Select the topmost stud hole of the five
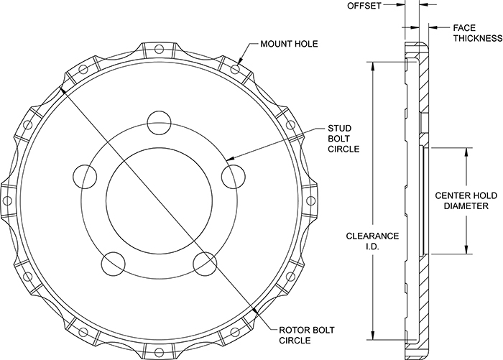click(x=157, y=120)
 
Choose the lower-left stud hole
click(x=112, y=264)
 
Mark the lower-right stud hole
click(x=204, y=263)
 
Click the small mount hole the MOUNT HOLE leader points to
click(x=234, y=70)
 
